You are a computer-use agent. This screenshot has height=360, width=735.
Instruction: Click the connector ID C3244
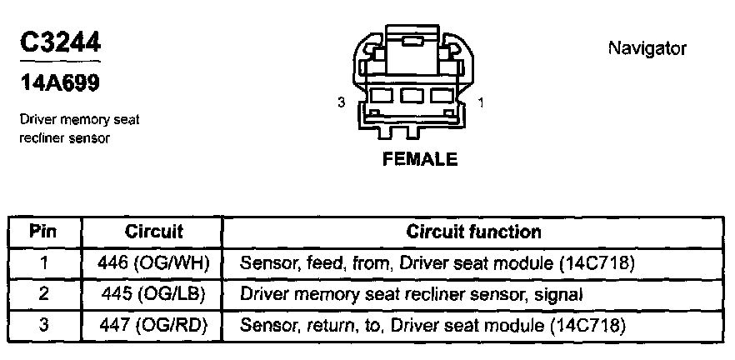pyautogui.click(x=59, y=43)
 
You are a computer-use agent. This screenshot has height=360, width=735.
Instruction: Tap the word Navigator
pyautogui.click(x=647, y=48)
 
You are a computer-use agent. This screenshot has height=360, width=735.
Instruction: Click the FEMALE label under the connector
pyautogui.click(x=420, y=159)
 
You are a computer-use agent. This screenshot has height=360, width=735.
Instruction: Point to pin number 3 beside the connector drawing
pyautogui.click(x=341, y=102)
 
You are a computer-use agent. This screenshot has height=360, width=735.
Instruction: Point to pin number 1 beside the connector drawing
pyautogui.click(x=483, y=102)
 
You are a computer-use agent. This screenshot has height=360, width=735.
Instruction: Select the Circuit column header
pyautogui.click(x=153, y=232)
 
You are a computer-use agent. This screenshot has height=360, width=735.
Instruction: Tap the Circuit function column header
pyautogui.click(x=473, y=232)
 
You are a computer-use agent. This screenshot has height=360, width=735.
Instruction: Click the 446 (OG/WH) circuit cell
pyautogui.click(x=153, y=263)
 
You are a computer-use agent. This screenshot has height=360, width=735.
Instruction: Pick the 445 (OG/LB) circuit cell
pyautogui.click(x=153, y=293)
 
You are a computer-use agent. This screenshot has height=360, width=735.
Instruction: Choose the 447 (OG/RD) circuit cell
pyautogui.click(x=153, y=323)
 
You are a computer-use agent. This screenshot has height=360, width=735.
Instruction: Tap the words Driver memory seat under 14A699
pyautogui.click(x=80, y=120)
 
